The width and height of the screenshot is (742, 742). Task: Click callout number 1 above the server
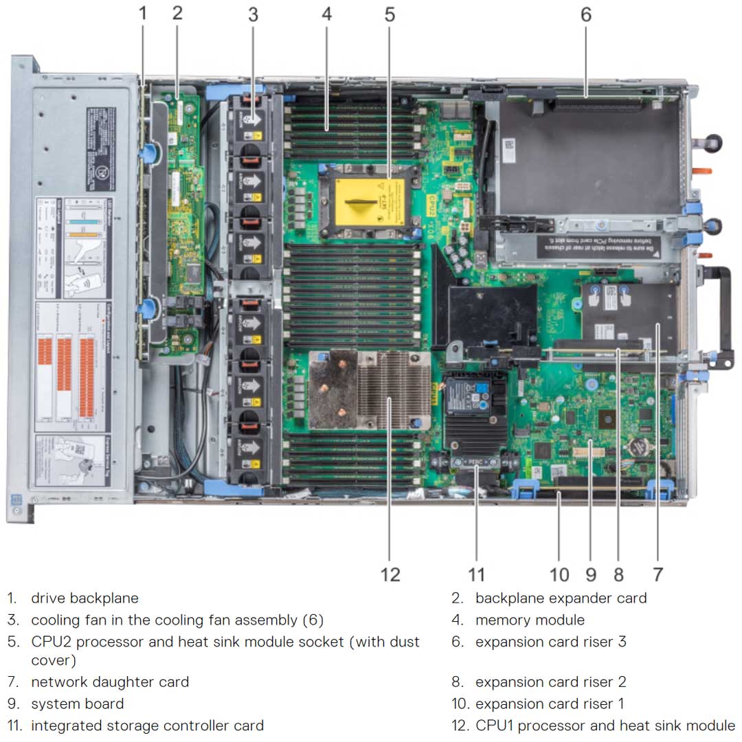[x=143, y=14]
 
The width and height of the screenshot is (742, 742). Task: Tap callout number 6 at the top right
[x=585, y=14]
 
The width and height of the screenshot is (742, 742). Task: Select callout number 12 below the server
[x=390, y=574]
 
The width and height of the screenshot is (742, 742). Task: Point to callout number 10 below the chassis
[x=559, y=574]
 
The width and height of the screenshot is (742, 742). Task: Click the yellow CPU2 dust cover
[x=368, y=202]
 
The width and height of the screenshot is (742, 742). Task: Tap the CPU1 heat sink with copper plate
[x=368, y=390]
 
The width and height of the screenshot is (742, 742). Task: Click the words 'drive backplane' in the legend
[x=85, y=598]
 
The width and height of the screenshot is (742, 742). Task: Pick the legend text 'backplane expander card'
[x=561, y=598]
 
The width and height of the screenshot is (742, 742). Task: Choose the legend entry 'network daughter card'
[x=110, y=682]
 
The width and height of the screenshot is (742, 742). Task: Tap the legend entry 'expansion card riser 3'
[x=550, y=642]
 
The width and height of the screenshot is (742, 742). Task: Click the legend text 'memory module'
[x=530, y=620]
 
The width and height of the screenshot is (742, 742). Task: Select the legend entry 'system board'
[x=78, y=704]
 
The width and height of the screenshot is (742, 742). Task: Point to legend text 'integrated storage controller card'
[x=147, y=726]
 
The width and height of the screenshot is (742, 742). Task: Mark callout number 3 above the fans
[x=253, y=14]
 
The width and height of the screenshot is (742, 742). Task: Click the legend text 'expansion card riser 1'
[x=550, y=704]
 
